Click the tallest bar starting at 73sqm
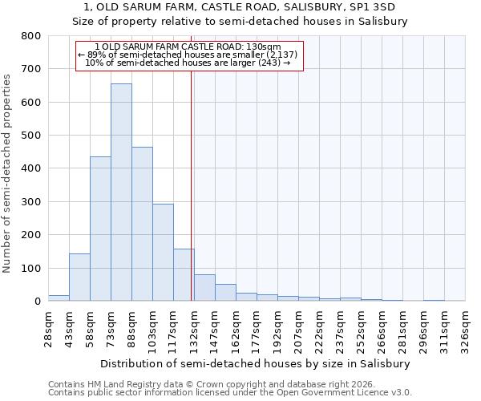coord(121,192)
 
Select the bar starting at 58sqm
coord(100,229)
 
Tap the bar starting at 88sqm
coord(142,224)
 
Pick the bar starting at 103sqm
coord(163,252)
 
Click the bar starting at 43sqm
coord(79,277)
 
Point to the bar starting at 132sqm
coord(204,288)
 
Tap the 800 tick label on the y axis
coord(30,36)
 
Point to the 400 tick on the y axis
coord(30,168)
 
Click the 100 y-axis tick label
coord(30,268)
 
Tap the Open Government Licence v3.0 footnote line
coord(230,393)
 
